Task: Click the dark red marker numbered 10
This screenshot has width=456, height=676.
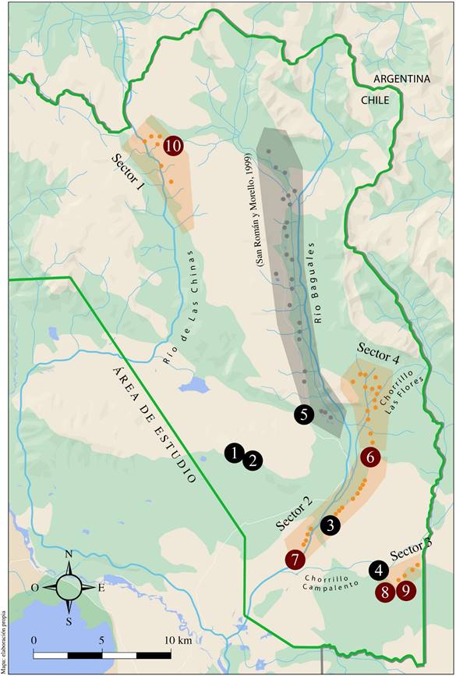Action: pos(173,145)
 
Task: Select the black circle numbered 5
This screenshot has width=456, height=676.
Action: pos(304,414)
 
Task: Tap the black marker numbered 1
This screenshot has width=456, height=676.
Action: pos(234,452)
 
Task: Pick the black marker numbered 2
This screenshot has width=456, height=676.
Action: pos(252,461)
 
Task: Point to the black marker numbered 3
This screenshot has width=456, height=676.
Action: pos(331,525)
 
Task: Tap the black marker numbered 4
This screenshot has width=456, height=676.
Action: pos(380,571)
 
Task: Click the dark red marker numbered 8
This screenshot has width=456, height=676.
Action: pos(385,592)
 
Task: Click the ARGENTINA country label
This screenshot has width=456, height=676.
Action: pos(401,80)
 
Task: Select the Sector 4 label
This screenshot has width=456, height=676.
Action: pos(378,354)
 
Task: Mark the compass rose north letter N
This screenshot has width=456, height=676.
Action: pos(69,555)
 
